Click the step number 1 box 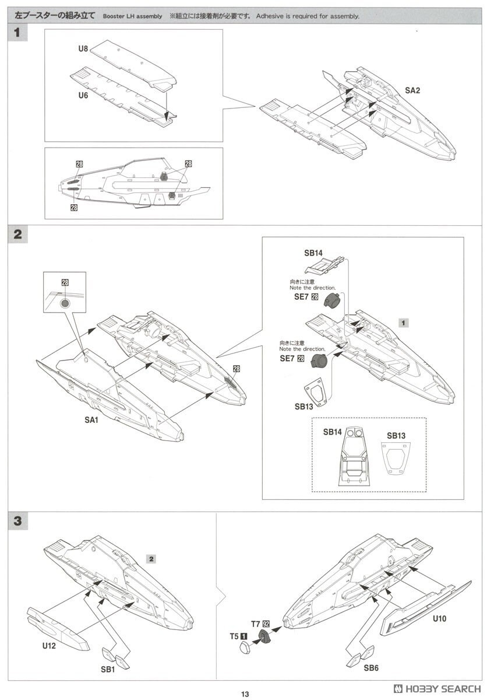pyautogui.click(x=17, y=33)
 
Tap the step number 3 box pyautogui.click(x=17, y=521)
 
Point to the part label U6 pyautogui.click(x=83, y=95)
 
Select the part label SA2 pyautogui.click(x=412, y=90)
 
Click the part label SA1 pyautogui.click(x=91, y=419)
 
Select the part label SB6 pyautogui.click(x=372, y=668)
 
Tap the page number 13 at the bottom pyautogui.click(x=245, y=694)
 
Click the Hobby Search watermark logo pyautogui.click(x=436, y=687)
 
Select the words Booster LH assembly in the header pyautogui.click(x=132, y=16)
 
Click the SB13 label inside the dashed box pyautogui.click(x=396, y=436)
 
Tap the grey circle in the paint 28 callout pyautogui.click(x=65, y=303)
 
